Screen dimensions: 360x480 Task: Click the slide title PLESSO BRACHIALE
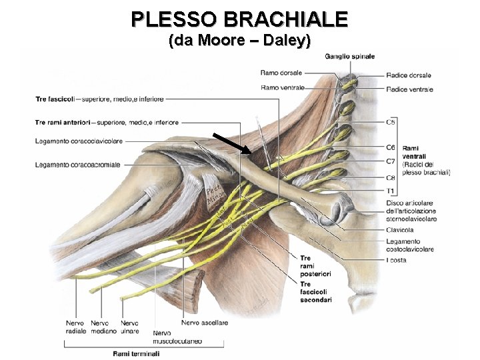(239, 18)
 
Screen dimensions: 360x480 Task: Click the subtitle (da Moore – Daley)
(240, 40)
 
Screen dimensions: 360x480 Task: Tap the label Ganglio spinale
(349, 57)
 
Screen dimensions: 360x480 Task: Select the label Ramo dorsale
(281, 73)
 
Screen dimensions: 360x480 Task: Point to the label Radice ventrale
(409, 89)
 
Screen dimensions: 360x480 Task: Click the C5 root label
(391, 122)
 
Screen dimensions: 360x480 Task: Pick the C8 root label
(391, 178)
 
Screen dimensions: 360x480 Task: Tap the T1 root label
(390, 191)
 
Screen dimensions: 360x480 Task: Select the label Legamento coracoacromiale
(78, 165)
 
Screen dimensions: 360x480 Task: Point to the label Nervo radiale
(75, 327)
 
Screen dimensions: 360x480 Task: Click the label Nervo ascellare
(204, 323)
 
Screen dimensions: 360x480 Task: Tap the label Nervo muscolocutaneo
(177, 337)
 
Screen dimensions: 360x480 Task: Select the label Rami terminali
(136, 353)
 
